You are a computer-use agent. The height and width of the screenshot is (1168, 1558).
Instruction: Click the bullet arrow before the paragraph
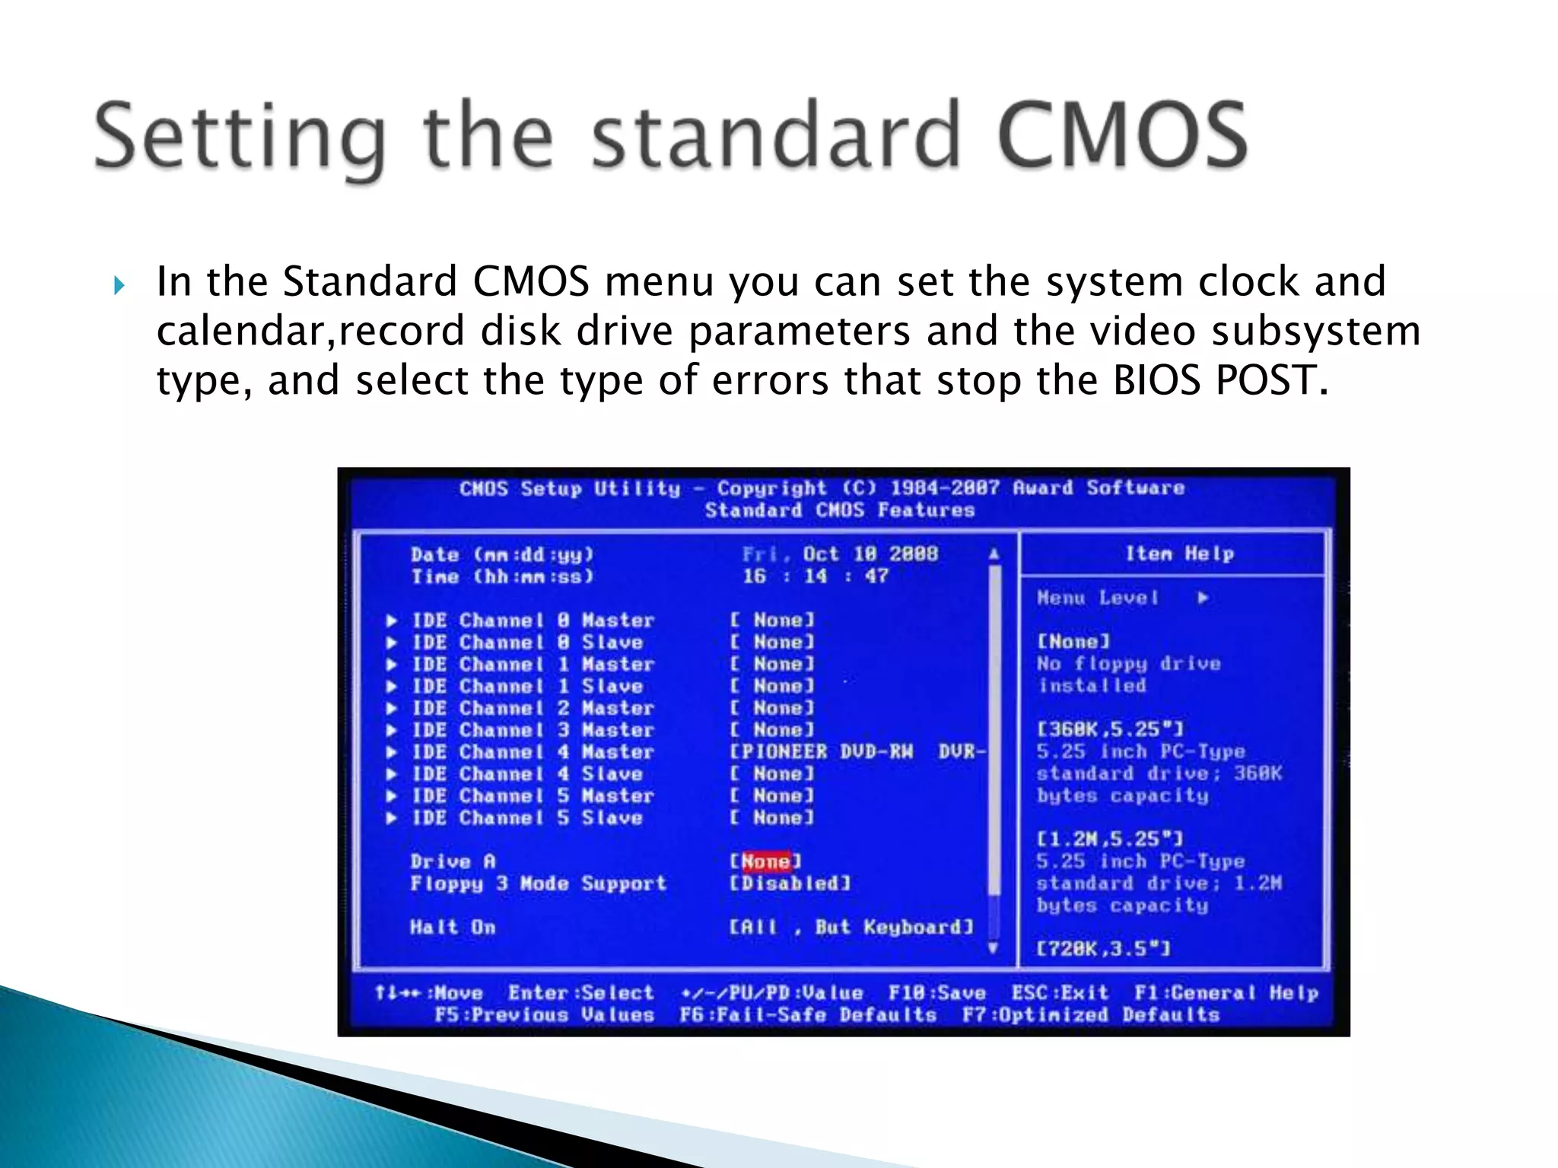pos(119,286)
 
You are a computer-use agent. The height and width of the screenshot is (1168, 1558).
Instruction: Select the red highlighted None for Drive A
pos(765,862)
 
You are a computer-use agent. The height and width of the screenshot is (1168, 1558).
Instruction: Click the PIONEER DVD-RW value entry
pos(858,752)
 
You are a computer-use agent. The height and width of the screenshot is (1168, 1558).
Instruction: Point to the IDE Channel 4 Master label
pos(533,752)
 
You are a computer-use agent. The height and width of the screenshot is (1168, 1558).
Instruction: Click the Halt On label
pos(453,927)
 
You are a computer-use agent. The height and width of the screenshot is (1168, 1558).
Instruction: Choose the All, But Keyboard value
pos(851,927)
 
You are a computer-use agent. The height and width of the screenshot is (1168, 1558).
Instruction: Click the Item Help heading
pos(1179,554)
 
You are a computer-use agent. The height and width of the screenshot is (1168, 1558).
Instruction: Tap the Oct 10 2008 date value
pos(870,554)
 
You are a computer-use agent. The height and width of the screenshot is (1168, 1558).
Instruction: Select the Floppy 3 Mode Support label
pos(538,884)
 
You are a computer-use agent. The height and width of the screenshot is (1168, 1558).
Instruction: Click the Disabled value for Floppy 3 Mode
pos(790,884)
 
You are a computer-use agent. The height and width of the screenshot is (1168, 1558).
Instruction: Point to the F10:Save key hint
pos(936,993)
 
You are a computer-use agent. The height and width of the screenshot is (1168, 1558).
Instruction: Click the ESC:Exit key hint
pos(1060,993)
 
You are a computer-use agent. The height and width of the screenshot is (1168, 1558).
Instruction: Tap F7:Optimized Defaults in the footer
pos(1090,1015)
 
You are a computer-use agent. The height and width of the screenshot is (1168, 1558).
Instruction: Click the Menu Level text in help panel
pos(1098,598)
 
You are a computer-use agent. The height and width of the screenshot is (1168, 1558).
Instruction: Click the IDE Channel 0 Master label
pos(533,620)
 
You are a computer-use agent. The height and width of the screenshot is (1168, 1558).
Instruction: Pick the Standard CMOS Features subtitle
pos(839,510)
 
